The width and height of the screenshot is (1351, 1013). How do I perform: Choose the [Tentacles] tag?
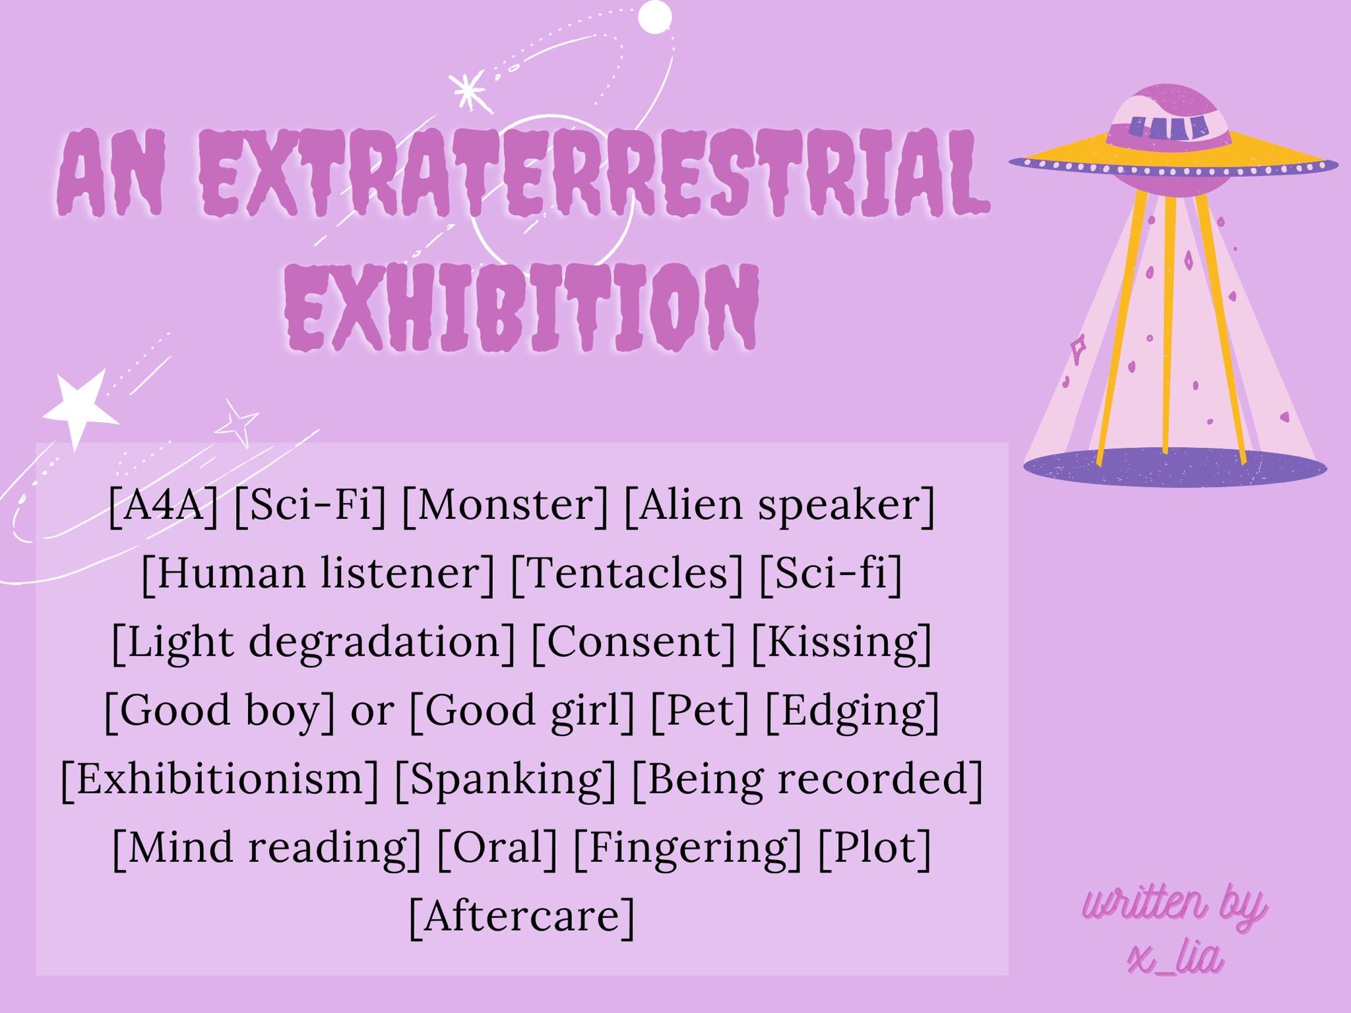(x=627, y=574)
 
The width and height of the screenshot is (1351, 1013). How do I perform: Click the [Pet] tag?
(x=700, y=711)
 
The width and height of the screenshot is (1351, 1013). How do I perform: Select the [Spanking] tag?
(x=505, y=780)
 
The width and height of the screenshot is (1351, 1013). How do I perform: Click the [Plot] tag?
(x=875, y=848)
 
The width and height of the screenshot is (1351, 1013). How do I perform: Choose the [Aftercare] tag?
(x=522, y=917)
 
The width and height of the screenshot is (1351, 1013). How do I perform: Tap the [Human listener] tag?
(x=318, y=574)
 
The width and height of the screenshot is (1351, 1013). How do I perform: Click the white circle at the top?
(x=655, y=17)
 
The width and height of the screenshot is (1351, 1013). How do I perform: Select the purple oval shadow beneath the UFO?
(x=1175, y=467)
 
